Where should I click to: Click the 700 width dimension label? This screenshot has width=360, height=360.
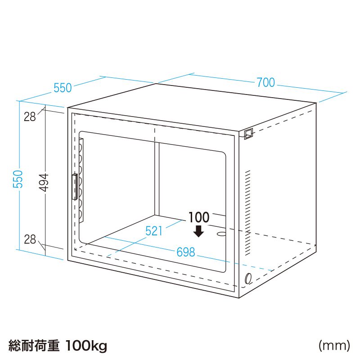[x=265, y=82]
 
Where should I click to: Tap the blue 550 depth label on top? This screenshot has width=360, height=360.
[x=63, y=88]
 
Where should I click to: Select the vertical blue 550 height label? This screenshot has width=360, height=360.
[x=18, y=179]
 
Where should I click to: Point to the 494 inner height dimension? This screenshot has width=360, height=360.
[x=43, y=183]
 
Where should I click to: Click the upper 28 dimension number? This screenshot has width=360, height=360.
[x=30, y=117]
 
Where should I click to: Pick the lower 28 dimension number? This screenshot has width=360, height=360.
[x=30, y=239]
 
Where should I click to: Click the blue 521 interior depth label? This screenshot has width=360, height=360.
[x=154, y=231]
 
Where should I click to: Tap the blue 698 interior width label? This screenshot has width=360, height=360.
[x=186, y=252]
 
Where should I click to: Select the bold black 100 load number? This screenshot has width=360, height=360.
[x=199, y=217]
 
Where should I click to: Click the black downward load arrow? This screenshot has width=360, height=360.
[x=198, y=231]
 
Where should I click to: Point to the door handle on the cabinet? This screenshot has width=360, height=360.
[x=74, y=187]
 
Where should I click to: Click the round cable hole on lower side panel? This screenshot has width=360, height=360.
[x=248, y=279]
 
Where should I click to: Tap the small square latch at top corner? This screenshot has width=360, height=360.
[x=248, y=134]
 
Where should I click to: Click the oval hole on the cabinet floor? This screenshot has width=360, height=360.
[x=221, y=234]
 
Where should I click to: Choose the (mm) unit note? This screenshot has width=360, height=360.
[x=334, y=345]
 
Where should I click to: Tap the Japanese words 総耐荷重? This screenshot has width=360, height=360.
[x=34, y=346]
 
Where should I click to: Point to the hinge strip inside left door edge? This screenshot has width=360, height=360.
[x=81, y=180]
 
